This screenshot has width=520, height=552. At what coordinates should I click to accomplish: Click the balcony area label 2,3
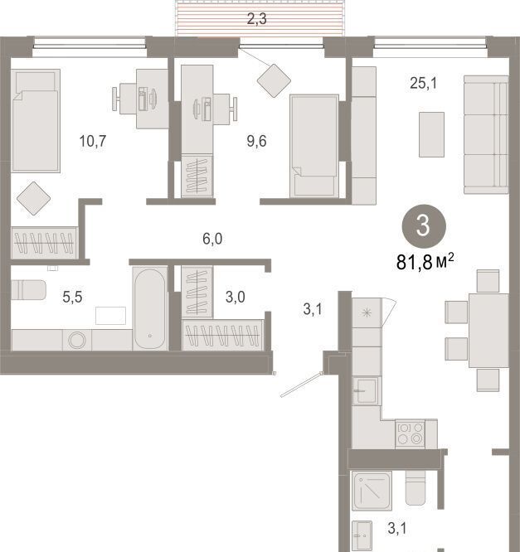[x=256, y=19]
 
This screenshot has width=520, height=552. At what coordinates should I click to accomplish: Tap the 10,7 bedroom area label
[x=93, y=142]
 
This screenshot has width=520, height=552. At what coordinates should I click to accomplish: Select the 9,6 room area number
[x=256, y=142]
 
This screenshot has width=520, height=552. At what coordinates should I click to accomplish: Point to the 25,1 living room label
[x=424, y=84]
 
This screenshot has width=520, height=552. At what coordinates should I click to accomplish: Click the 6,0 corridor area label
[x=212, y=239]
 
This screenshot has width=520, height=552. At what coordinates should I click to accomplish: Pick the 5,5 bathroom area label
[x=72, y=297]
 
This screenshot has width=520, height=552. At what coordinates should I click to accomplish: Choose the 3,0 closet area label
[x=236, y=297]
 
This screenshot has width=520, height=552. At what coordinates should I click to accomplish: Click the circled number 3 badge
[x=424, y=226]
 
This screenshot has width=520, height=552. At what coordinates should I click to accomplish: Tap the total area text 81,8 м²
[x=425, y=262]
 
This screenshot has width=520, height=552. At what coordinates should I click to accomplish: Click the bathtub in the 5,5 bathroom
[x=150, y=309]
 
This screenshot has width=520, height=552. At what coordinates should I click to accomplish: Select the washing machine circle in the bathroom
[x=77, y=341]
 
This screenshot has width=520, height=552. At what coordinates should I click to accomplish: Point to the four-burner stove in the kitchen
[x=410, y=433]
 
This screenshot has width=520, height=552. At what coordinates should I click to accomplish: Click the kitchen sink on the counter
[x=366, y=390]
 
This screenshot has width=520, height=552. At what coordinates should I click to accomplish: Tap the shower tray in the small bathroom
[x=372, y=491]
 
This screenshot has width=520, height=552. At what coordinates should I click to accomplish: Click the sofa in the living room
[x=486, y=134]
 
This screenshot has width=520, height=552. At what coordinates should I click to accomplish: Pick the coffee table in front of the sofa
[x=431, y=134]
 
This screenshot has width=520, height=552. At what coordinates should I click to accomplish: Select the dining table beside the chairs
[x=488, y=330]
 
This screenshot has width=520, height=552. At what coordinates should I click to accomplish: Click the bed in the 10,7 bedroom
[x=35, y=120]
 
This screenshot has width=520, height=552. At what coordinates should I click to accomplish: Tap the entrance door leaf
[x=301, y=385]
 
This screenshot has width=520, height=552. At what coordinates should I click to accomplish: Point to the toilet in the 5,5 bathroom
[x=28, y=290]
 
